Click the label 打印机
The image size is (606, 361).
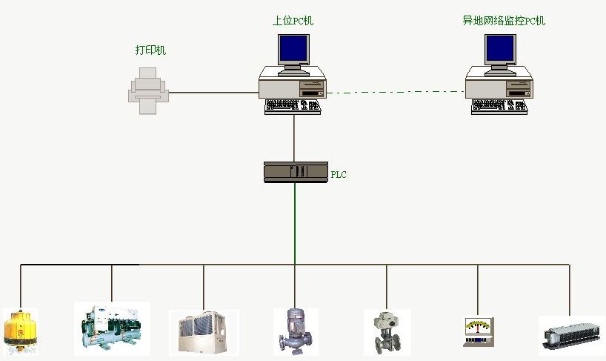[x=150, y=50]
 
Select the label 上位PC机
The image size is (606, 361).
[x=293, y=21]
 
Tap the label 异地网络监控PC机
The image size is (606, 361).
[x=503, y=21]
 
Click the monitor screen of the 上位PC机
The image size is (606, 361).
[x=293, y=47]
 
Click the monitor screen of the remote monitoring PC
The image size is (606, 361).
[x=499, y=47]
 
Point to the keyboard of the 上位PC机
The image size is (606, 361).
[x=293, y=107]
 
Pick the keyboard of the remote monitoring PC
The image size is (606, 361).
[x=499, y=107]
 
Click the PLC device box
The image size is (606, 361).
[x=296, y=172]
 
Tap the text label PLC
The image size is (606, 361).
[x=338, y=175]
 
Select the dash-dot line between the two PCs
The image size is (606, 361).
[x=396, y=92]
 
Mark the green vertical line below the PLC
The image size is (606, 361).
[x=295, y=222]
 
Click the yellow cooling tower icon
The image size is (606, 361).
[x=20, y=330]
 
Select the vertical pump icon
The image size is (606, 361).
[x=295, y=331]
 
